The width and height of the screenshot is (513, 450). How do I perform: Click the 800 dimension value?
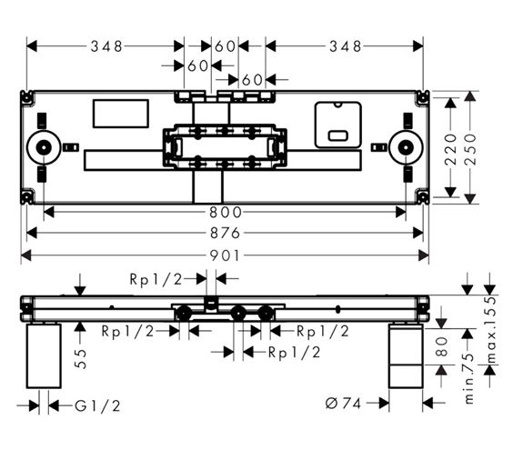point(226,212)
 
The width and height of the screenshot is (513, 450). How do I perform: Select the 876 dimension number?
point(225,233)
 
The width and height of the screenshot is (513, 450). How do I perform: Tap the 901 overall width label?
point(225,255)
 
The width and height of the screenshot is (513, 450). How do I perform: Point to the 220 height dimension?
point(451,149)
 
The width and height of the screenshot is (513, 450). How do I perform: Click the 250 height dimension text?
point(470,149)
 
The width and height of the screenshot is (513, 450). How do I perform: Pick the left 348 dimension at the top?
point(106,46)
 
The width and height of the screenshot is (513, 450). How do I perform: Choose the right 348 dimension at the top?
point(346,46)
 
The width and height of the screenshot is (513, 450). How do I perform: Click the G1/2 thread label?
point(97,405)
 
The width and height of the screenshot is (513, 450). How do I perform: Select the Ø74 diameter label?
point(343,404)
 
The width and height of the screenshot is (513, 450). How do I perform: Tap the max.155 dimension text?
point(491,330)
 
